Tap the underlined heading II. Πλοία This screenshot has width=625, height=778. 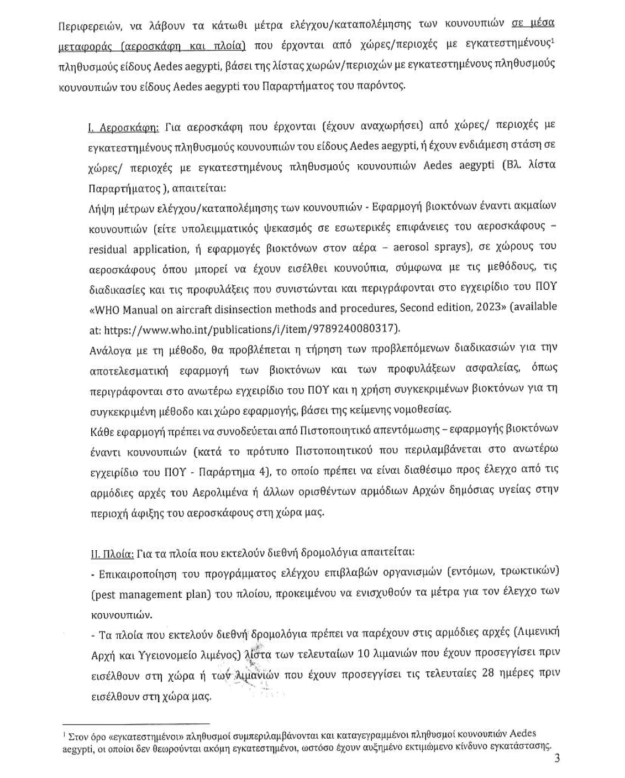[111, 552]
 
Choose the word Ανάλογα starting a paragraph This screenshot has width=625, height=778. [108, 349]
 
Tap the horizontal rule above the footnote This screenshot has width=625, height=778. [136, 723]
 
